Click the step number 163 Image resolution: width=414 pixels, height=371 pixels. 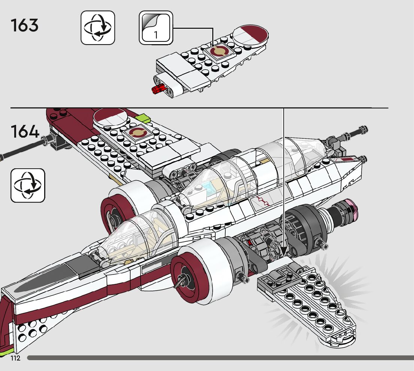(x=25, y=26)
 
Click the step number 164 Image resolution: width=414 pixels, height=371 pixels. (x=25, y=131)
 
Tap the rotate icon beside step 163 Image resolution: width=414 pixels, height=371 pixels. (x=98, y=28)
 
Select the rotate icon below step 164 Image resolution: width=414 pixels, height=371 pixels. (x=28, y=185)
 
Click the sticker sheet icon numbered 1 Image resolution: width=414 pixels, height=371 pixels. (x=156, y=28)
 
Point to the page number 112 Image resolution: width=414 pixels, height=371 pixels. (x=15, y=358)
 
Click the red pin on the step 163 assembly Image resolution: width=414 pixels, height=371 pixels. (x=158, y=90)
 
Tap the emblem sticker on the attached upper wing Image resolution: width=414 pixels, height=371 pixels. (x=137, y=133)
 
